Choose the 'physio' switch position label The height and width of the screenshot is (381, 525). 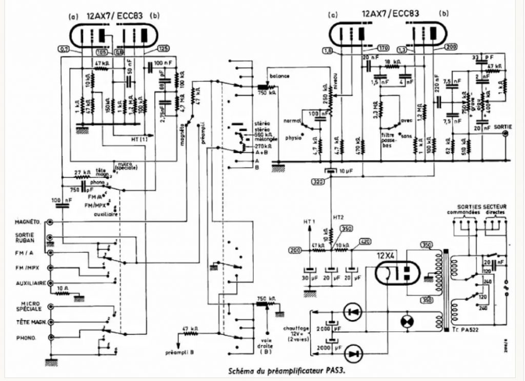292,138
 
